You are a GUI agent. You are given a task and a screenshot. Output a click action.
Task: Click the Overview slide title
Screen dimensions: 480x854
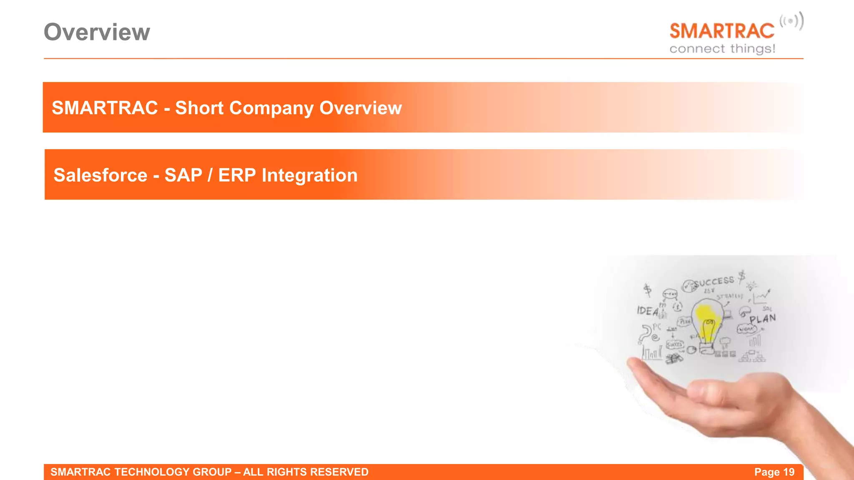[97, 32]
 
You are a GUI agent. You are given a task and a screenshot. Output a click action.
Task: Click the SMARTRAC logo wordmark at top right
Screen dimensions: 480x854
[722, 31]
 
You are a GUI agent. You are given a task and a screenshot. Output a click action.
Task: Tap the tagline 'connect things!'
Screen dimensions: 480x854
[722, 49]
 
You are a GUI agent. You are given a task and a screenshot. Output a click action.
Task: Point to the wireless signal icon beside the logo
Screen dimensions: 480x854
[791, 21]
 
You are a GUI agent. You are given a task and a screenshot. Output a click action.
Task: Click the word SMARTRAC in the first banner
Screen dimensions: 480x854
[105, 108]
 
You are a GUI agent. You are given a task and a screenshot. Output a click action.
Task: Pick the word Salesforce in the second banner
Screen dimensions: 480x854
[100, 175]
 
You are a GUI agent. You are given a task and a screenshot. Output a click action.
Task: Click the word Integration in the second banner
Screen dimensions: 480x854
[309, 175]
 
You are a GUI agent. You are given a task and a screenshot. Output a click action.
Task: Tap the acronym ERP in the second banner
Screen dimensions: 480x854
[236, 175]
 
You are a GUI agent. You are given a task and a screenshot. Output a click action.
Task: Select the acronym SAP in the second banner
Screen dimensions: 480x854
[183, 175]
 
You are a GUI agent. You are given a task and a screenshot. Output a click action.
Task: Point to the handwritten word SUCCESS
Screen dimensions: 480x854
[713, 282]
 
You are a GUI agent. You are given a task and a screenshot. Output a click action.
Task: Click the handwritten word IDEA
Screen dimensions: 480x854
[647, 311]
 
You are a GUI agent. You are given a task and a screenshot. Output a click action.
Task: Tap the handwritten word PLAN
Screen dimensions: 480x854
[762, 319]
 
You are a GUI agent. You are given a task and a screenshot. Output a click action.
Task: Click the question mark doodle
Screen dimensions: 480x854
[645, 334]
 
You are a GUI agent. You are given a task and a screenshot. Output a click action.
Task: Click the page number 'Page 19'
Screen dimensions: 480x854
[774, 472]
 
